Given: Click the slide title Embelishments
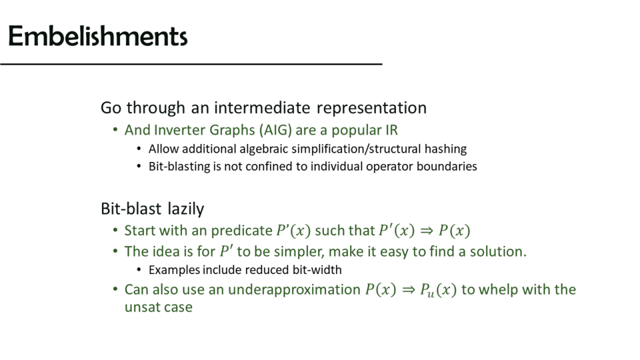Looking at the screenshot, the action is (x=97, y=36).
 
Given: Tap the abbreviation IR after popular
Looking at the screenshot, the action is (x=391, y=130).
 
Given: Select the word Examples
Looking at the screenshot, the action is (x=174, y=270).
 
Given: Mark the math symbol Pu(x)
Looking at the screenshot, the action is (x=438, y=290).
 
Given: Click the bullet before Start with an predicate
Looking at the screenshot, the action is (x=115, y=231).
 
